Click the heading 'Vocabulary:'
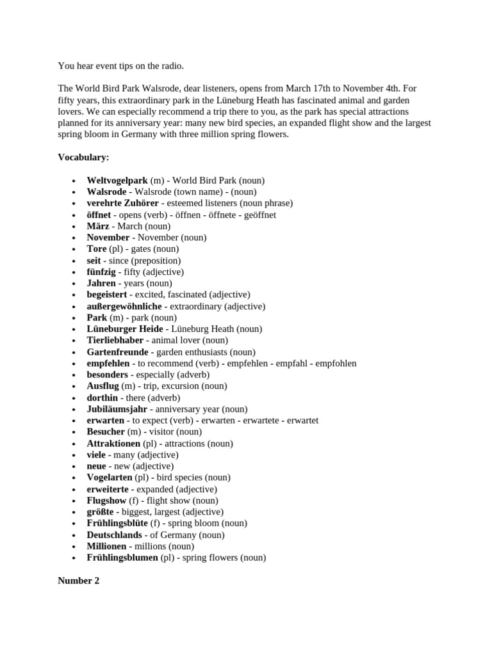point(83,157)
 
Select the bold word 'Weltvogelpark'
point(117,181)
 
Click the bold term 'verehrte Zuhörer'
point(124,203)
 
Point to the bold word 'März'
point(98,226)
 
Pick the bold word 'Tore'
point(97,249)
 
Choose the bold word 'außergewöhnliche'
point(124,306)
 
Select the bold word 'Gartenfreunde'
point(117,352)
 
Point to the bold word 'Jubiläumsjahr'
point(117,409)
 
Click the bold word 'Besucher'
point(106,432)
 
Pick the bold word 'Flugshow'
point(107,500)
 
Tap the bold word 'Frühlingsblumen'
point(122,557)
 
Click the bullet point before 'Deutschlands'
point(75,535)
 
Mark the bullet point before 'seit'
point(75,261)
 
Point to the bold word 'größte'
point(100,512)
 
